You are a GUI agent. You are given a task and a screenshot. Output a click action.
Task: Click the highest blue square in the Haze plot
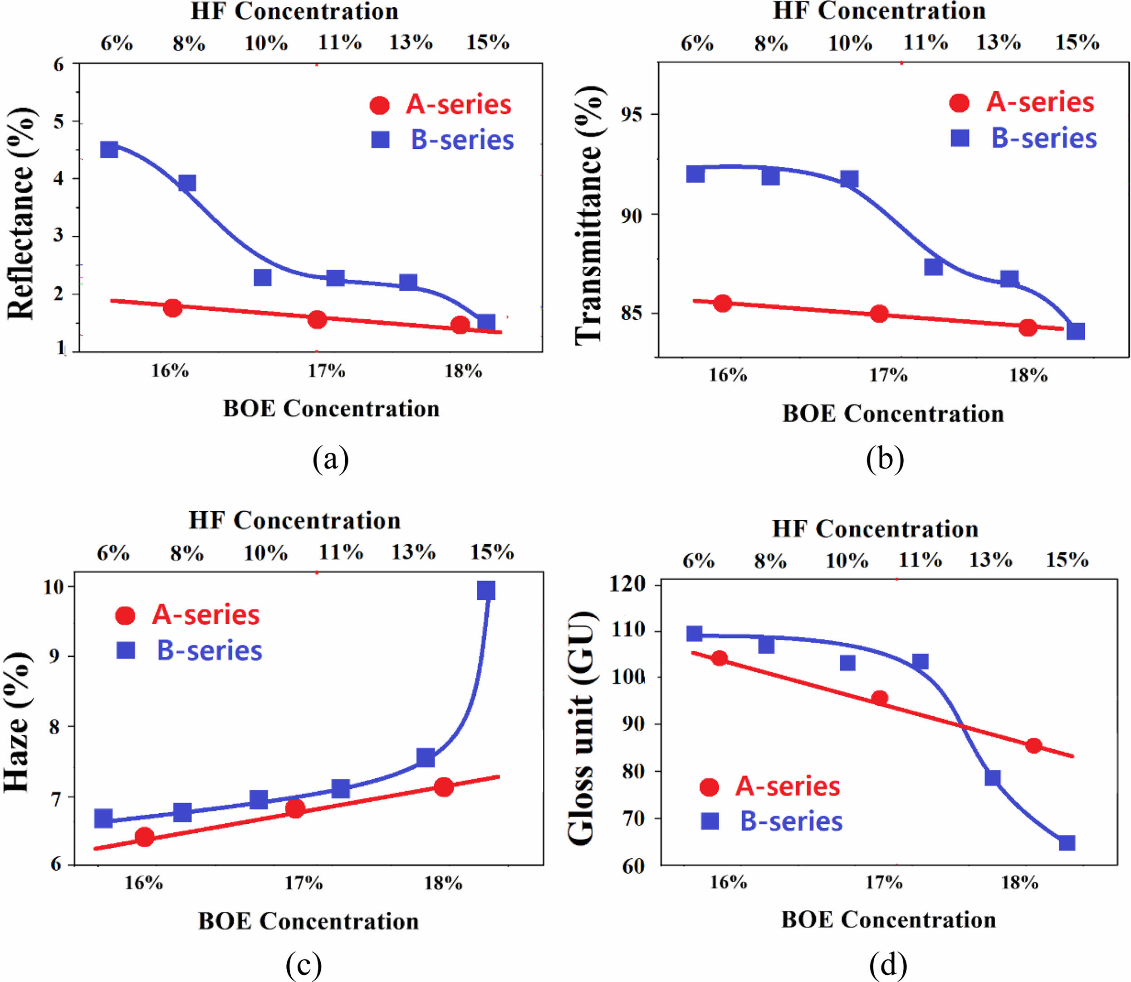[486, 591]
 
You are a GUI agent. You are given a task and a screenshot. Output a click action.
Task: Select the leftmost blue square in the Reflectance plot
[109, 150]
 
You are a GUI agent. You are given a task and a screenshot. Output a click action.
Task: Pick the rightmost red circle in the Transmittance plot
[1028, 327]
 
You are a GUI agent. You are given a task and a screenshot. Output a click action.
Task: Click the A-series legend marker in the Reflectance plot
[379, 105]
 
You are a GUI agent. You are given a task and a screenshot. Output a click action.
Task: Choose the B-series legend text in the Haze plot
[209, 650]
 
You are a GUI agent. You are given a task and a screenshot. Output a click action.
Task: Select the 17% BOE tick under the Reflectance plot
[326, 371]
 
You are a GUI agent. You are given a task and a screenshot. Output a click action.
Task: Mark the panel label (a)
[330, 459]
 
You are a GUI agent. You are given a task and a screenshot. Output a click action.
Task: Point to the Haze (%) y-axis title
[16, 722]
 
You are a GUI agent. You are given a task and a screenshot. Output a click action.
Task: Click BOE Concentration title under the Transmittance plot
[893, 414]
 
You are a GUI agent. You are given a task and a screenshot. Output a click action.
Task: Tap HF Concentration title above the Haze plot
[295, 521]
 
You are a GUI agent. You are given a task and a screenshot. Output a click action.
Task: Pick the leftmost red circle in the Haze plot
[144, 837]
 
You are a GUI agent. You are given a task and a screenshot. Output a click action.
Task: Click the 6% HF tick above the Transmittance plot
[697, 43]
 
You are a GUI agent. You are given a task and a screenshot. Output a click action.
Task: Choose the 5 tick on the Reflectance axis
[59, 121]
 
